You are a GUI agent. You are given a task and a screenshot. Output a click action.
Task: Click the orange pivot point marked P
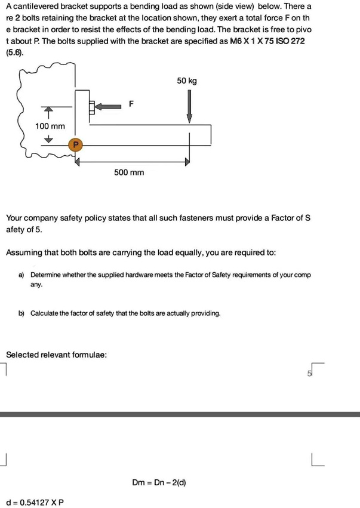pos(75,145)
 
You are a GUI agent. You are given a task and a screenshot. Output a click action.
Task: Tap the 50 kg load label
pos(187,81)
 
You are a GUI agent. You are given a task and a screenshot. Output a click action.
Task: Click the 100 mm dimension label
pos(50,126)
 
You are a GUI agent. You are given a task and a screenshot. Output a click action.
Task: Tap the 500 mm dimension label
pos(129,173)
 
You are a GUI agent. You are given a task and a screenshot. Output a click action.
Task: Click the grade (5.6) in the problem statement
pos(15,53)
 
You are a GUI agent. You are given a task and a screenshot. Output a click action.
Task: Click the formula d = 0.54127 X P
pos(35,501)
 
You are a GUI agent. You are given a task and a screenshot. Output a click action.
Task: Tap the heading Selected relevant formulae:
pos(57,355)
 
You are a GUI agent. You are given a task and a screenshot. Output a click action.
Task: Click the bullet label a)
pos(21,275)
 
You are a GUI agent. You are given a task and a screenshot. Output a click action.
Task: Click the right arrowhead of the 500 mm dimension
pos(187,161)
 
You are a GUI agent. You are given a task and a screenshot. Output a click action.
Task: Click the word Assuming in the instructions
pos(26,253)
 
